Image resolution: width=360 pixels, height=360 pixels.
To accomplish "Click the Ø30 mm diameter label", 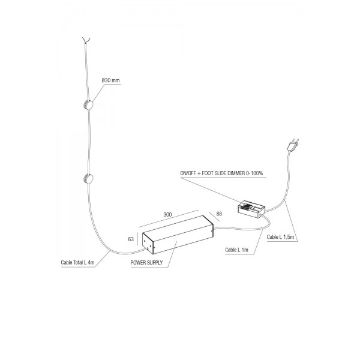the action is tap(110, 80).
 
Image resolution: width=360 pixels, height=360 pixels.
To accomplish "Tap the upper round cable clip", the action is tap(88, 105).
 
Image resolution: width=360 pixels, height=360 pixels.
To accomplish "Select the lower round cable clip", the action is tap(88, 179).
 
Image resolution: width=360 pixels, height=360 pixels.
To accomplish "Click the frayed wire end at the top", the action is tap(86, 40).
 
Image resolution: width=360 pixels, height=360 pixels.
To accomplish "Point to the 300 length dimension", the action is tap(167, 214).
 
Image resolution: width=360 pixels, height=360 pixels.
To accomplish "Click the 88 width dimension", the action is tap(219, 214).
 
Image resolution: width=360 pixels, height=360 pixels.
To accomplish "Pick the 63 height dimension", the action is tap(131, 239).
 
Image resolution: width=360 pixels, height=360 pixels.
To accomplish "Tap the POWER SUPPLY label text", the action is tap(146, 263).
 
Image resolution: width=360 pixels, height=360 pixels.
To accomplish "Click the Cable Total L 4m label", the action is tap(77, 262).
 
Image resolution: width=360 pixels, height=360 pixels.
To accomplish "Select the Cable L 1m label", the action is tap(237, 250).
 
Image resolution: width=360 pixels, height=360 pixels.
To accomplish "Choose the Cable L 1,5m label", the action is tap(280, 237).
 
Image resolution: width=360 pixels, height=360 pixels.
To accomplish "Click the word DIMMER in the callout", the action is tap(236, 173).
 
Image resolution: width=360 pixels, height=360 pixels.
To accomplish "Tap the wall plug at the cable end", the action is tap(293, 145).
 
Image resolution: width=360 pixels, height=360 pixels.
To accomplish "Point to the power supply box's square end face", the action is tap(148, 244).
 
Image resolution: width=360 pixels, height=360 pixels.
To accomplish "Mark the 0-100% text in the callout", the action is tap(254, 173).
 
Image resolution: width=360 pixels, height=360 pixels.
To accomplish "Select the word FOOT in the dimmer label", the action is tap(208, 173).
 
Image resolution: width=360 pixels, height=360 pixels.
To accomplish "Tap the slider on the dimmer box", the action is tap(247, 206).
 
